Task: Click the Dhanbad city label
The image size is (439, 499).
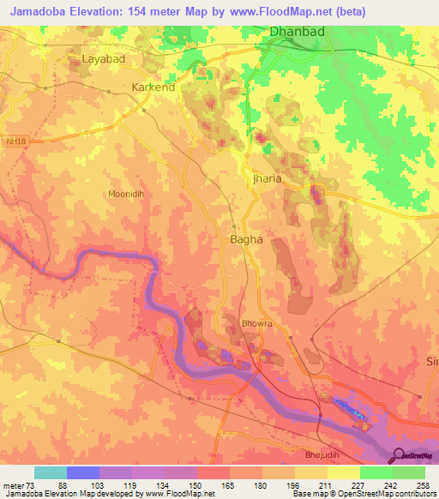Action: click(298, 32)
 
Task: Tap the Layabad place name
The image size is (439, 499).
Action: click(104, 59)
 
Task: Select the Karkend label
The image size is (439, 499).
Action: click(153, 87)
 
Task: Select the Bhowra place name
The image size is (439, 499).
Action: click(256, 324)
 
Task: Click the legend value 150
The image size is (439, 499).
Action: click(196, 485)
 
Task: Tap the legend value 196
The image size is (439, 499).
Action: click(295, 485)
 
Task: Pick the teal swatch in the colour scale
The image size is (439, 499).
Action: click(51, 472)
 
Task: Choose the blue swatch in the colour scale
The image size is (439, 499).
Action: click(83, 472)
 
